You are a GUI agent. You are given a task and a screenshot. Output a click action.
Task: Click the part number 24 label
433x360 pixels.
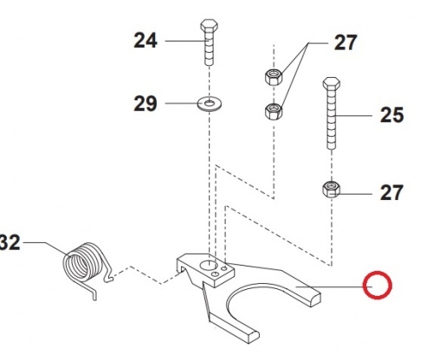pyautogui.click(x=145, y=41)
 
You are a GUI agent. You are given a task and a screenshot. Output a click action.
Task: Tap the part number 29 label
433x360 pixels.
pyautogui.click(x=145, y=104)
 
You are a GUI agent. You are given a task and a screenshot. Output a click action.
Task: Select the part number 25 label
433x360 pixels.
pyautogui.click(x=391, y=115)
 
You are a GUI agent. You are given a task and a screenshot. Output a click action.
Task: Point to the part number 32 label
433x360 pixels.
pyautogui.click(x=10, y=242)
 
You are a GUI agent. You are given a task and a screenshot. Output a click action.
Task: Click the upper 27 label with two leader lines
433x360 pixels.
pyautogui.click(x=346, y=42)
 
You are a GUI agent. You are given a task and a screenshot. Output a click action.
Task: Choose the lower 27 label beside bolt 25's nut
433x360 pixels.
pyautogui.click(x=391, y=193)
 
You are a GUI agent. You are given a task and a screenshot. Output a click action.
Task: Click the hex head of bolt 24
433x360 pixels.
pyautogui.click(x=210, y=25)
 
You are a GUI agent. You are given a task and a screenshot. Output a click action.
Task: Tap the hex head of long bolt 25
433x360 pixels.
pyautogui.click(x=332, y=83)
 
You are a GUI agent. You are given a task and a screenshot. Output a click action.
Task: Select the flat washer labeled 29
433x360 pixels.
pyautogui.click(x=210, y=104)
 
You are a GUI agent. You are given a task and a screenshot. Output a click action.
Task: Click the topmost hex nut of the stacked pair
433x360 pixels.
pyautogui.click(x=274, y=77)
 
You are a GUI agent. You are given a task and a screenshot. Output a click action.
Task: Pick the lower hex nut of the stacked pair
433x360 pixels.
pyautogui.click(x=274, y=111)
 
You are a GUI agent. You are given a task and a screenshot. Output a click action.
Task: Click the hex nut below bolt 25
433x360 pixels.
pyautogui.click(x=331, y=190)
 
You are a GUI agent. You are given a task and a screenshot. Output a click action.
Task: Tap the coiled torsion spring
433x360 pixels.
pyautogui.click(x=82, y=263)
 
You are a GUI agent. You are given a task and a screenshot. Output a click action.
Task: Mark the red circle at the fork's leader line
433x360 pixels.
pyautogui.click(x=378, y=286)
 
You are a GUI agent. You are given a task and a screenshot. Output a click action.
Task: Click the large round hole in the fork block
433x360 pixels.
pyautogui.click(x=208, y=265)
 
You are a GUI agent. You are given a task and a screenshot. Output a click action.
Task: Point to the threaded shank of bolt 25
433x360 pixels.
pyautogui.click(x=332, y=119)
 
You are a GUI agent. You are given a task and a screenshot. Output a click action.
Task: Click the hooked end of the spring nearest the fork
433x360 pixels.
pyautogui.click(x=107, y=278)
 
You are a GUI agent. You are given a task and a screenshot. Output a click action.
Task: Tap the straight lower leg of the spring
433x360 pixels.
pyautogui.click(x=90, y=291)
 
